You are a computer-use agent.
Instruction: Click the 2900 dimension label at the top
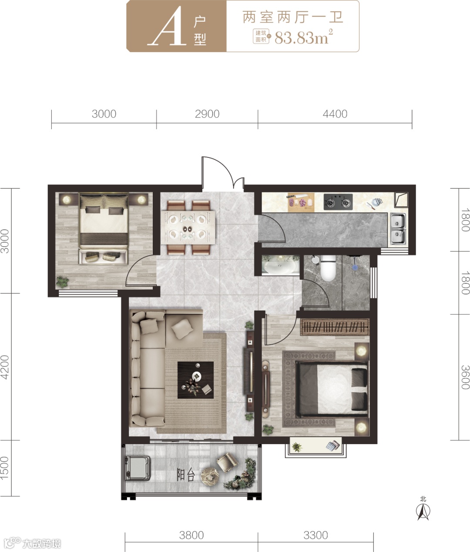[x=207, y=114]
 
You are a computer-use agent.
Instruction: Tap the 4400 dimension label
[x=335, y=114]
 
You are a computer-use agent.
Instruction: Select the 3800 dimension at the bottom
[x=191, y=535]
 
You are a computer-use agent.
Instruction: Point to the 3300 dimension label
[x=316, y=535]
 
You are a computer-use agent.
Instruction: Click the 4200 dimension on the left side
[x=5, y=367]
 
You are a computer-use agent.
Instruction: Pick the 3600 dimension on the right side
[x=465, y=377]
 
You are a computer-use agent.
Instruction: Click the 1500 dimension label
[x=5, y=468]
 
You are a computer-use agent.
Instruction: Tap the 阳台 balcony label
[x=186, y=475]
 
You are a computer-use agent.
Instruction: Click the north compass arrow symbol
[x=423, y=511]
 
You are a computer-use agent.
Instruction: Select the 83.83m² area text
[x=304, y=37]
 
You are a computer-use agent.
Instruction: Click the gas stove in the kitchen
[x=338, y=202]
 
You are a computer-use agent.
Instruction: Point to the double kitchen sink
[x=398, y=229]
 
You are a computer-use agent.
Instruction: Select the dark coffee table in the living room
[x=195, y=380]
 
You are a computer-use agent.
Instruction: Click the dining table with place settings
[x=189, y=227]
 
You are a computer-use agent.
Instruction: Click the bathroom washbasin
[x=281, y=266]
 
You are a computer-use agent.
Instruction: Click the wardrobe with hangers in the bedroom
[x=335, y=327]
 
